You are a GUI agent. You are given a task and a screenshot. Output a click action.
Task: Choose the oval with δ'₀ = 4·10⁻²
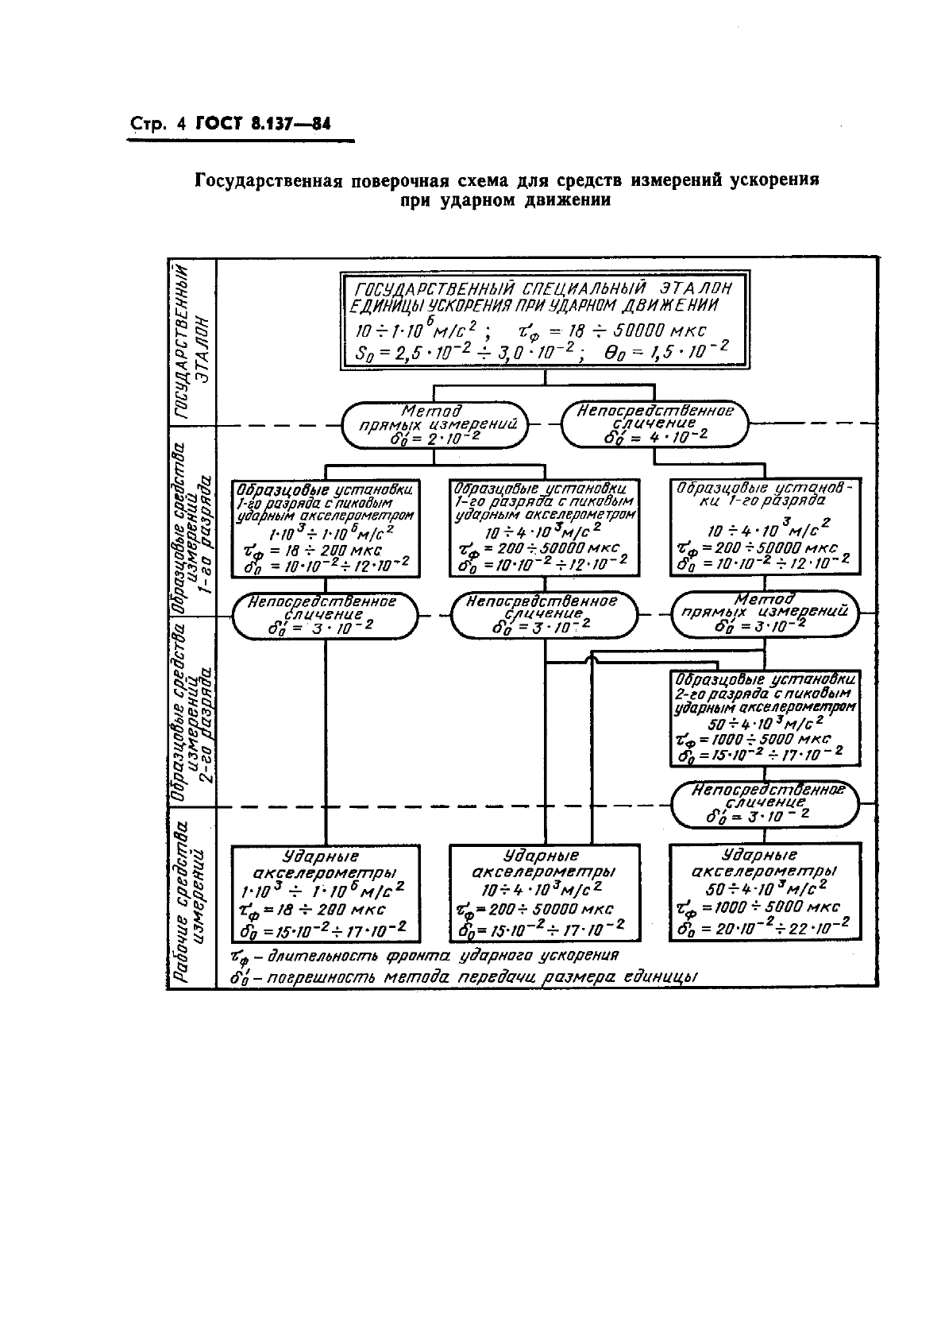coord(655,425)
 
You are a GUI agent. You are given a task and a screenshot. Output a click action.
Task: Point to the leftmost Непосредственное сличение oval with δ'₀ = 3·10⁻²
coord(325,615)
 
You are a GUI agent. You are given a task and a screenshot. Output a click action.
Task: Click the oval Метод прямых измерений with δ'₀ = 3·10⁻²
coord(764,615)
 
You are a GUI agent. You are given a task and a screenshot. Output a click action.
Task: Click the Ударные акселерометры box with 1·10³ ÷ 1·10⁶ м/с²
coord(325,893)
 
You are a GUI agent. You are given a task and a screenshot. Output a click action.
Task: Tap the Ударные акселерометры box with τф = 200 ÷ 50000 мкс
coord(544,893)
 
